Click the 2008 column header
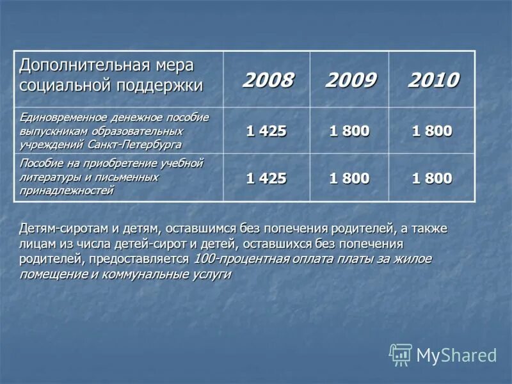point(267,80)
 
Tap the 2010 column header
point(433,80)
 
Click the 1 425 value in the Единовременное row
point(266,131)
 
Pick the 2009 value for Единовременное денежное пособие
point(349,131)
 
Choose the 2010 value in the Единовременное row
point(432,131)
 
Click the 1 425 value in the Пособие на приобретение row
point(266,179)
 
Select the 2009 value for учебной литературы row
point(349,179)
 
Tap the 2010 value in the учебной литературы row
point(432,179)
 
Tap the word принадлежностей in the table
point(67,190)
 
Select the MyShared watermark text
point(456,355)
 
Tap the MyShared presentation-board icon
point(401,354)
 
